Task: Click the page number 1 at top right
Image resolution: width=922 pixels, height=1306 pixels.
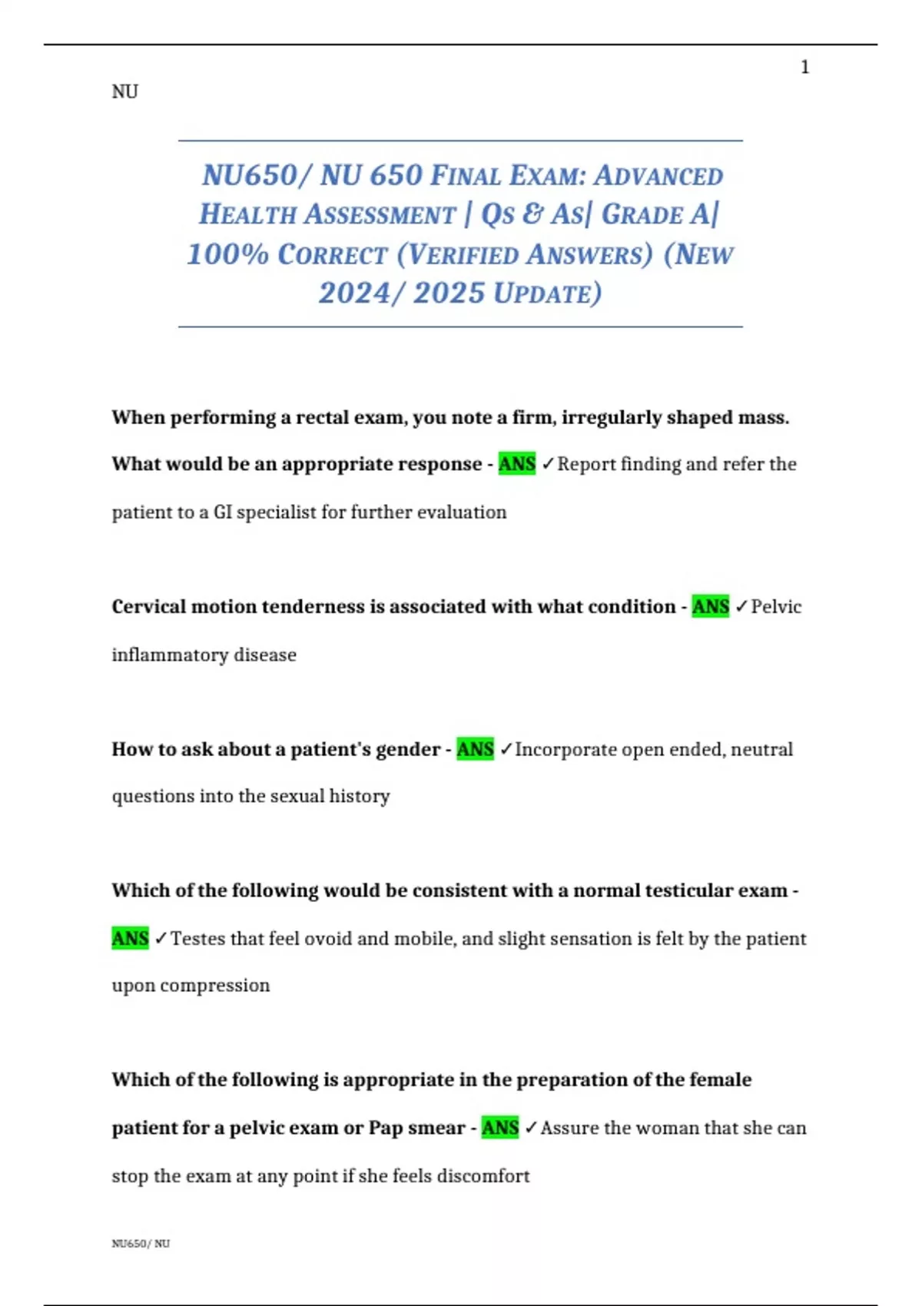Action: (x=804, y=68)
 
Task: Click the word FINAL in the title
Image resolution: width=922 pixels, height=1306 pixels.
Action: (x=465, y=176)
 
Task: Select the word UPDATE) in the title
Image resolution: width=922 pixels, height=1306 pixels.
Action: (x=548, y=293)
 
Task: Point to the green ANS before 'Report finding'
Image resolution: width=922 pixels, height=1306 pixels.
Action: (x=517, y=464)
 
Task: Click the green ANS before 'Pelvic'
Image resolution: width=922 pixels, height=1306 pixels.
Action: (x=711, y=607)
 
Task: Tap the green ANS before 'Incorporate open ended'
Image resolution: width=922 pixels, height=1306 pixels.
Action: (x=476, y=749)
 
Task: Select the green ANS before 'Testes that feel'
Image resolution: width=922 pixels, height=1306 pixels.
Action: (x=130, y=938)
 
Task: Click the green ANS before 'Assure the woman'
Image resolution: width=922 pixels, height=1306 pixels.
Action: (x=500, y=1128)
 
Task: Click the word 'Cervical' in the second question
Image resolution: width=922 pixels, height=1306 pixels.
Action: (x=148, y=607)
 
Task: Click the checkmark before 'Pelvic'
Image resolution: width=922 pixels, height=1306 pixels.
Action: (x=741, y=607)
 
